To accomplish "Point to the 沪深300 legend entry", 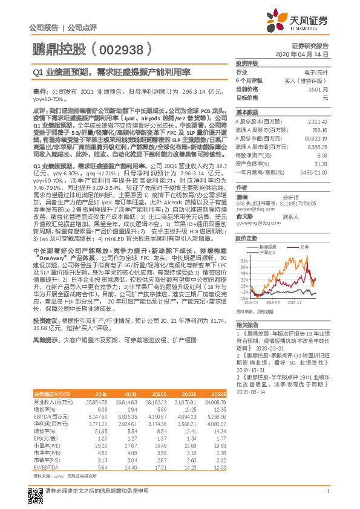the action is tap(268, 252).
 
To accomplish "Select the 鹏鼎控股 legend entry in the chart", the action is tap(268, 247).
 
